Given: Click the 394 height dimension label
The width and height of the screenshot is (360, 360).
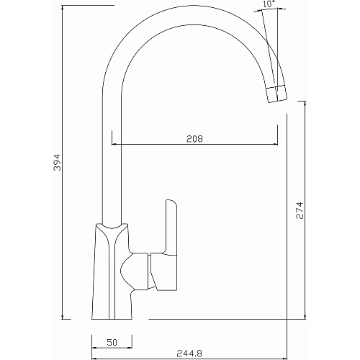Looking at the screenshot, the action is (57, 163).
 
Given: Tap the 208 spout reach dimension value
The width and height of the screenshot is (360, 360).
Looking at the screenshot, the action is (194, 139).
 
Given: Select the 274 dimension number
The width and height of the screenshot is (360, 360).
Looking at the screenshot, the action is (300, 210).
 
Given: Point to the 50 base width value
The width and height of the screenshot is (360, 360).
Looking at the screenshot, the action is (112, 342).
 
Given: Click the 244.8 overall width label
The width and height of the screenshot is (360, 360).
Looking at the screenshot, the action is (189, 354).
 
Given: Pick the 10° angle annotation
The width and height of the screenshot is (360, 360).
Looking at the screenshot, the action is (269, 4).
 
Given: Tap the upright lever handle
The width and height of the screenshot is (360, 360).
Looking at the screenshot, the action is (171, 227).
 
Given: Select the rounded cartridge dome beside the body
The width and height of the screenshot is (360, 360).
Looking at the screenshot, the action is (134, 271).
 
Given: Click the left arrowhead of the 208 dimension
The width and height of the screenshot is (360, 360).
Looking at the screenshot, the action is (114, 144).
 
